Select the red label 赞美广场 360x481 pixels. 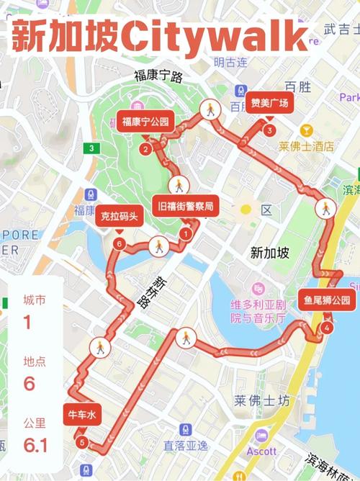coord(269,103)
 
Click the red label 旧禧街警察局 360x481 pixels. coord(186,206)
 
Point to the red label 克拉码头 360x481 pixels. coord(119,215)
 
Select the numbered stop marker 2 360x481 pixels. coord(145,149)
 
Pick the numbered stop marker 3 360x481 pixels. coord(269,130)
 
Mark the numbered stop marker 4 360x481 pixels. coord(328,328)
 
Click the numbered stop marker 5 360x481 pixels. coord(82,441)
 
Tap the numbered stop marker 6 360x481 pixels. coord(119,243)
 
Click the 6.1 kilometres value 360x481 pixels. coord(30,446)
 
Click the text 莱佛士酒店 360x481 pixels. coord(307,146)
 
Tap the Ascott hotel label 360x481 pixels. coord(262,451)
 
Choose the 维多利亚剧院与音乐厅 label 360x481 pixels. coord(258,310)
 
